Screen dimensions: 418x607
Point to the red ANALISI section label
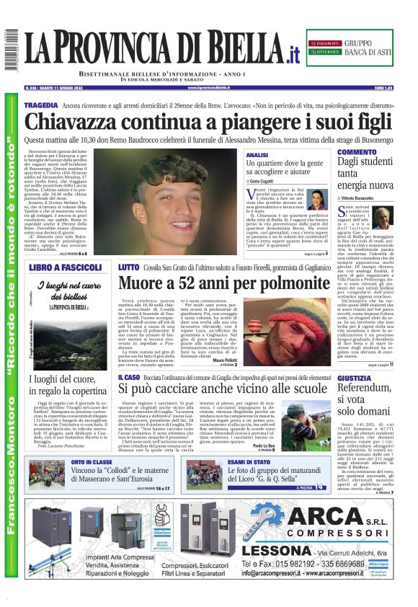point(257,155)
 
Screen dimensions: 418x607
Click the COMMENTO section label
point(356,152)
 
